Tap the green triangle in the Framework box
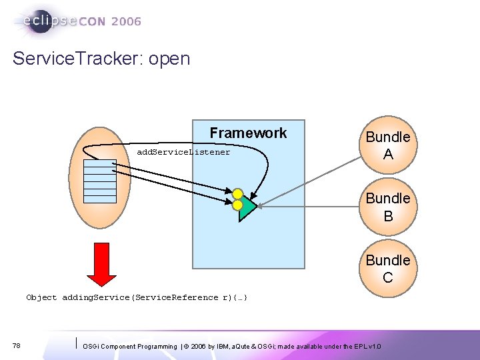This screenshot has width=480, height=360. [x=247, y=207]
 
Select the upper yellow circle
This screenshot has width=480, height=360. [x=237, y=194]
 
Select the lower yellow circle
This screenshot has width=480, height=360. [x=237, y=205]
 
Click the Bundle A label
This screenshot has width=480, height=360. [x=387, y=145]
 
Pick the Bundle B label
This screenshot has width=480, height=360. [x=387, y=207]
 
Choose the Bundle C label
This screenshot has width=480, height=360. [x=387, y=269]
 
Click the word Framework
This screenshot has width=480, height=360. [x=248, y=133]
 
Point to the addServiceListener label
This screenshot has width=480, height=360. [x=183, y=152]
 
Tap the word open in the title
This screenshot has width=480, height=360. [x=169, y=59]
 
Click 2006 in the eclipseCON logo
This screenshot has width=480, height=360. [x=126, y=22]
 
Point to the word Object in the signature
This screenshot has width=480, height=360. [x=41, y=297]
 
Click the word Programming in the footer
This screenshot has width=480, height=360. [x=155, y=347]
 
